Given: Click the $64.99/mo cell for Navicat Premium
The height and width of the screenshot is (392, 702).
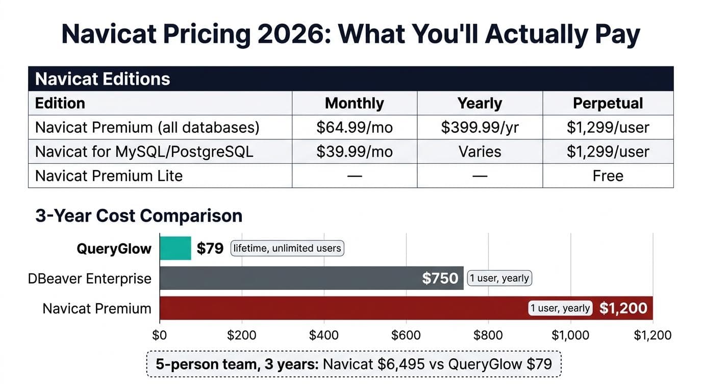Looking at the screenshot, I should click(354, 127).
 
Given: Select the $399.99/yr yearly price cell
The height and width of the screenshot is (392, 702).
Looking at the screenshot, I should click(480, 127).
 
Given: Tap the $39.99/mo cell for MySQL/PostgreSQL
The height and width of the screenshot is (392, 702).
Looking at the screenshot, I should click(354, 152).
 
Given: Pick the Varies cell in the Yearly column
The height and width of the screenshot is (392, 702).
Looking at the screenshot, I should click(480, 152).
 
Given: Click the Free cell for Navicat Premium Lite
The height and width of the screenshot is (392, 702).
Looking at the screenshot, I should click(608, 176).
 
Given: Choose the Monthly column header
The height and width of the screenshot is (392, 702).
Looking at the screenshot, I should click(354, 103).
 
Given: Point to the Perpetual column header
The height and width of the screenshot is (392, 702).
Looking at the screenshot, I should click(608, 103).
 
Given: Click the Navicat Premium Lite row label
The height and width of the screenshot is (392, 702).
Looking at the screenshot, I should click(109, 176).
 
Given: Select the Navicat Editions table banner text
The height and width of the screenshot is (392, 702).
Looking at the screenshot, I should click(103, 79).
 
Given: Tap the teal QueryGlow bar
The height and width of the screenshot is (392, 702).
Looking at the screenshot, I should click(175, 249).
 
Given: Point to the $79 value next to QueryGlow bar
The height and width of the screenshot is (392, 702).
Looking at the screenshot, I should click(210, 249).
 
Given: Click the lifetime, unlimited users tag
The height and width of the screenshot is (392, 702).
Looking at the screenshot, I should click(287, 249).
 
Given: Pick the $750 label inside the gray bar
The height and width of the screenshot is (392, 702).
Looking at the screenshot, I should click(440, 279).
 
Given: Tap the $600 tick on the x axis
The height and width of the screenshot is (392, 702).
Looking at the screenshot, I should click(406, 335).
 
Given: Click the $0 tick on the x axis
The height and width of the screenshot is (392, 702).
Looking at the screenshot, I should click(160, 335).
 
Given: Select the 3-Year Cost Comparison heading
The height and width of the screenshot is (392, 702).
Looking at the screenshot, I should click(139, 216).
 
